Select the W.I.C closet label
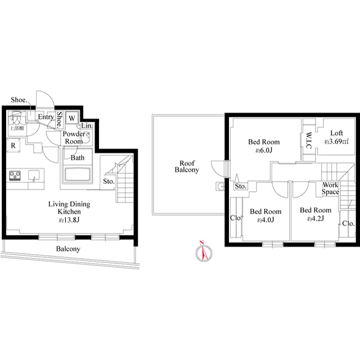click(x=309, y=139)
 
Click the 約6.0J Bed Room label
click(x=264, y=146)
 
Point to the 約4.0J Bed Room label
click(x=265, y=215)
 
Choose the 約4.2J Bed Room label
click(x=315, y=214)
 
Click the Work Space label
click(x=331, y=188)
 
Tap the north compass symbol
click(x=204, y=252)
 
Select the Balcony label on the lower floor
click(x=67, y=249)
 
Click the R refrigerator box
click(x=13, y=145)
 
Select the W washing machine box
click(x=73, y=118)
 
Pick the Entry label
click(x=46, y=117)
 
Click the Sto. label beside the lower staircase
click(x=109, y=182)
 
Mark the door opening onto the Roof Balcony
click(x=217, y=167)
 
